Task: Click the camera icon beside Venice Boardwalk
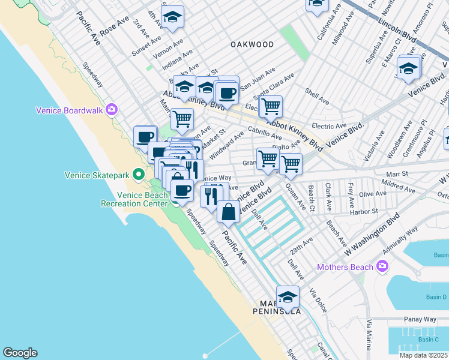tap(111, 109)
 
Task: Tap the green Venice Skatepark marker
tap(139, 175)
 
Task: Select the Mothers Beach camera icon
tap(382, 266)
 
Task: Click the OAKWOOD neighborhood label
tap(252, 44)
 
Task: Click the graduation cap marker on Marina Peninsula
tap(288, 296)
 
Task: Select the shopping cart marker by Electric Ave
tap(271, 107)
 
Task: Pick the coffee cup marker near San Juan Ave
tap(228, 93)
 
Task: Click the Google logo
tap(20, 353)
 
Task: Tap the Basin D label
tap(436, 297)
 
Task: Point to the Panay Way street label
tap(420, 319)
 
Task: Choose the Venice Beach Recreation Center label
tap(137, 199)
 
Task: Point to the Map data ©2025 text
tap(423, 355)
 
